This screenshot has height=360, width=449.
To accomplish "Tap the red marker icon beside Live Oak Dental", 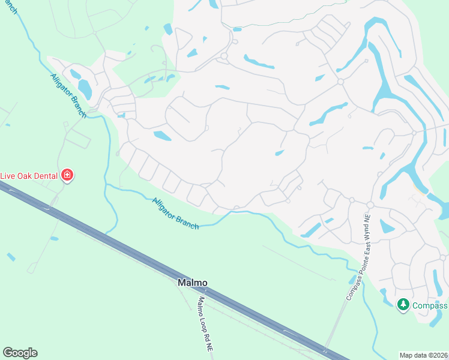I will (x=67, y=176).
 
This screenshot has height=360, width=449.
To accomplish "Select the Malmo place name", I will (x=192, y=282).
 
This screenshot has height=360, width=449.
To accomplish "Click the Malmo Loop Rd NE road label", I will (x=206, y=324).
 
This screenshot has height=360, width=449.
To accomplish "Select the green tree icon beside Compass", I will (x=403, y=305).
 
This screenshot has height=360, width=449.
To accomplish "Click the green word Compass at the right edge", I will (x=430, y=305).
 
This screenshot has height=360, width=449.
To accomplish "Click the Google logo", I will (x=20, y=353).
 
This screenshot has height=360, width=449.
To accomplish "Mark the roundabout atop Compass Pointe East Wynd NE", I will (x=370, y=205).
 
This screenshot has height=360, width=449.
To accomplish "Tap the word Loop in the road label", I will (x=205, y=324).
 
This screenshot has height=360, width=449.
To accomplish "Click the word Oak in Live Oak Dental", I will (x=23, y=176).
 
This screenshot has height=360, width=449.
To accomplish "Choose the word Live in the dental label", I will (x=8, y=176).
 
